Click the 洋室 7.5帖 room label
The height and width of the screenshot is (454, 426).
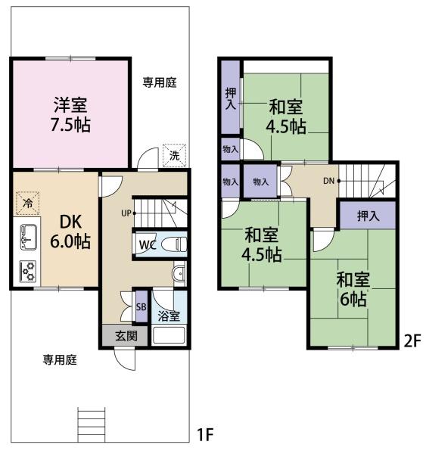[x=70, y=115]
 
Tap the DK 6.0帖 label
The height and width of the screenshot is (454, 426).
[x=70, y=232]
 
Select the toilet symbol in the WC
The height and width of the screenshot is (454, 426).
[x=173, y=244]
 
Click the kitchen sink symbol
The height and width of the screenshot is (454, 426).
[x=29, y=237]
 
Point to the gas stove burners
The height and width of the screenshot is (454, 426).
[x=28, y=271]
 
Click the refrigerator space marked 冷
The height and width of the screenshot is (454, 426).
[x=28, y=203]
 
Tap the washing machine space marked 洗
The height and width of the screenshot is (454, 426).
[x=174, y=156]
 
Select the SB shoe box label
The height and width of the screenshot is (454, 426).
[x=141, y=306]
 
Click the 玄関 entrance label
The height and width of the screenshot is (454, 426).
[x=126, y=336]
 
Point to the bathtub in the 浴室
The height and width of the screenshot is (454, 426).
[x=169, y=335]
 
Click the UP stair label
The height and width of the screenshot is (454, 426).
[x=126, y=213]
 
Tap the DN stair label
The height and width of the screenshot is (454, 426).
[x=328, y=182]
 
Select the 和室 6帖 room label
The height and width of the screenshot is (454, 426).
[x=353, y=289]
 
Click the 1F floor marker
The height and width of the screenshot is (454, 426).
[x=205, y=434]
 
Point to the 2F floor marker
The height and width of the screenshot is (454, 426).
[x=412, y=341]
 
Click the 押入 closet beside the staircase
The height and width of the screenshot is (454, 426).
[x=368, y=216]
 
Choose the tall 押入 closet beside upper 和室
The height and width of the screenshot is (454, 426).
[x=231, y=98]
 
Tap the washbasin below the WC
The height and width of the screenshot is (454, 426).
[x=179, y=273]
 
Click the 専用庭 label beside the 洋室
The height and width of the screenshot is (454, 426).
[x=160, y=82]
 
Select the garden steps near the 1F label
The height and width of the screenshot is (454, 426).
[x=92, y=424]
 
